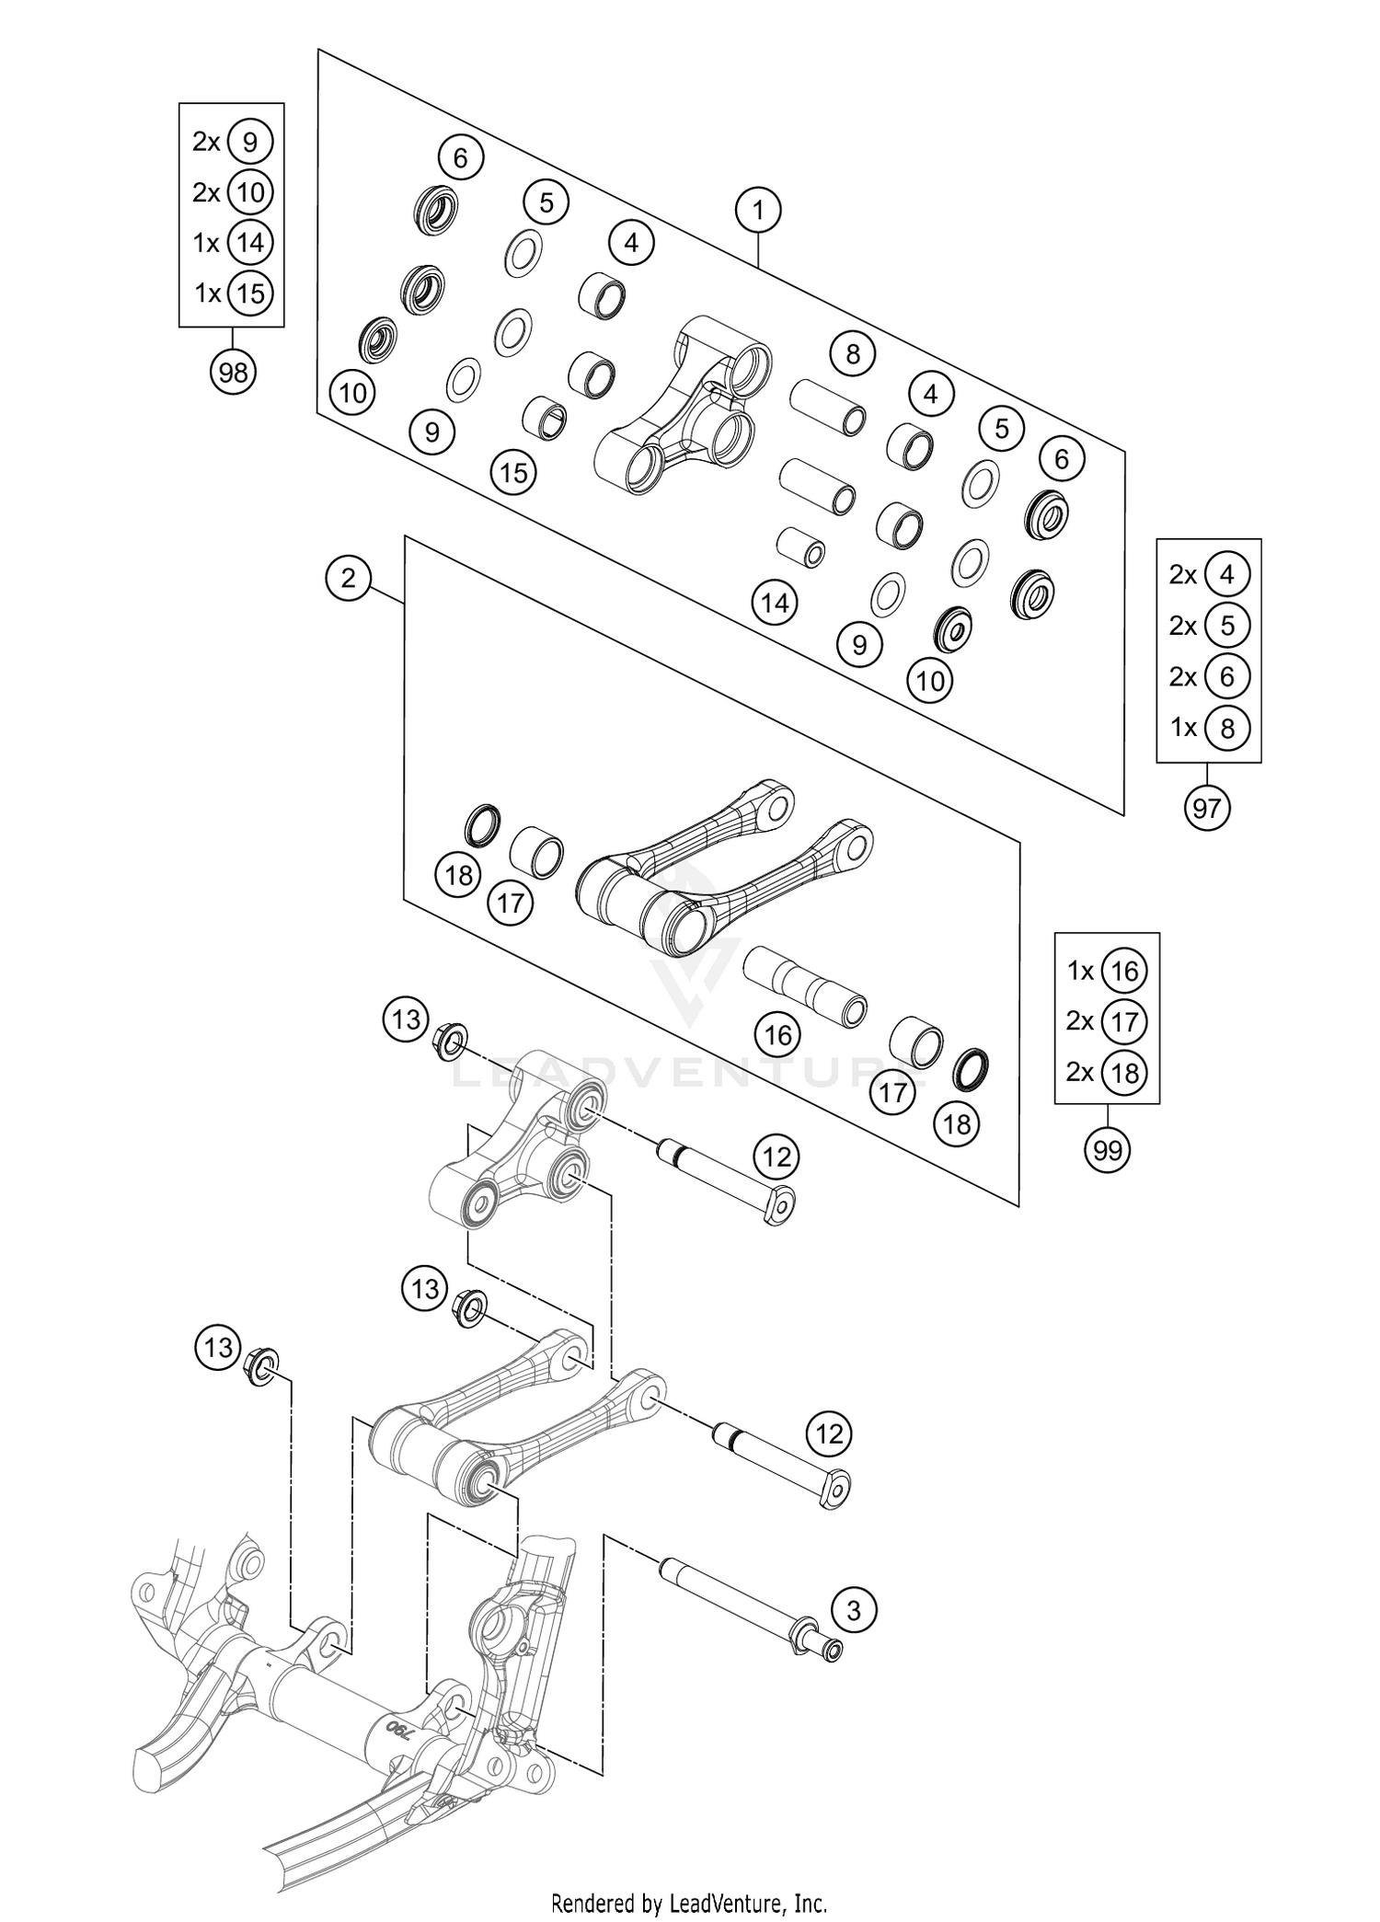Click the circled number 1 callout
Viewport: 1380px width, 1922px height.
758,211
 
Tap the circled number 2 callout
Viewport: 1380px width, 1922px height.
348,578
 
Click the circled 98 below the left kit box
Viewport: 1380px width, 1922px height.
233,373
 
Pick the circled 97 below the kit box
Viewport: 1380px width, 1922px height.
1206,808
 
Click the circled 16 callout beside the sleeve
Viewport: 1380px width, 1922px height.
777,1035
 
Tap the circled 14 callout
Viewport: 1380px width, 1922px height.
775,603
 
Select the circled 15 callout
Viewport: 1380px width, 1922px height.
513,472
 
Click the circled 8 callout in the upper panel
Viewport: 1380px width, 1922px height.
852,353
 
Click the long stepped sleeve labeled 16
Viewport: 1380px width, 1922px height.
805,989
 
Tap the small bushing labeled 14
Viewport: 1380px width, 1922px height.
802,547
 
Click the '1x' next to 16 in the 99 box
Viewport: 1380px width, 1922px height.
1080,971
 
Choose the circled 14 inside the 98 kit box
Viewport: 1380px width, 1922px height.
250,243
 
